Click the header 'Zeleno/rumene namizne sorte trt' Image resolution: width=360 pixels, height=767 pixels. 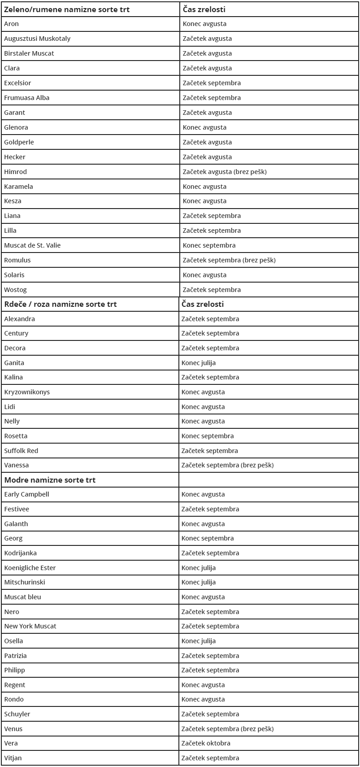tap(67, 9)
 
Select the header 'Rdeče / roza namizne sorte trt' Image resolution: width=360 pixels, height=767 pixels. tap(61, 304)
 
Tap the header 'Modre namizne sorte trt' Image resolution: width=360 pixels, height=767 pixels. tap(50, 480)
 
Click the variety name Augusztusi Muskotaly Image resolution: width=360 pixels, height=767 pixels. tap(37, 39)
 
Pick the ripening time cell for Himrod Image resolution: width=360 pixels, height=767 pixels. tap(225, 172)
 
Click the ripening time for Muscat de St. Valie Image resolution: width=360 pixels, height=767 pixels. tap(209, 245)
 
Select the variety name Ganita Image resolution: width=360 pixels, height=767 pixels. tap(14, 363)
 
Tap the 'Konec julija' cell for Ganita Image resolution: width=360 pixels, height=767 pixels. tap(199, 363)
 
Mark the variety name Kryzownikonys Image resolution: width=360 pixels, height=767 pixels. tap(27, 392)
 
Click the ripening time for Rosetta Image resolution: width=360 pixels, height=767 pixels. tap(208, 436)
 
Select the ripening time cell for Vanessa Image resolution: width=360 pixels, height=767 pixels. tap(227, 465)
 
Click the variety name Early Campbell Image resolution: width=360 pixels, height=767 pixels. tap(26, 494)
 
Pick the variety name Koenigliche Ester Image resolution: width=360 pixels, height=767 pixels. tap(30, 568)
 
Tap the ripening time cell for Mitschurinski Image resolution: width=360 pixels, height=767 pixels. tap(199, 582)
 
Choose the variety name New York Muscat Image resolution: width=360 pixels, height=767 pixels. tap(30, 626)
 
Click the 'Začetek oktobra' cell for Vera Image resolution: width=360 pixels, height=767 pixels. tap(206, 743)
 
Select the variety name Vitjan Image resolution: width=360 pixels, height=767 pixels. tap(13, 758)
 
